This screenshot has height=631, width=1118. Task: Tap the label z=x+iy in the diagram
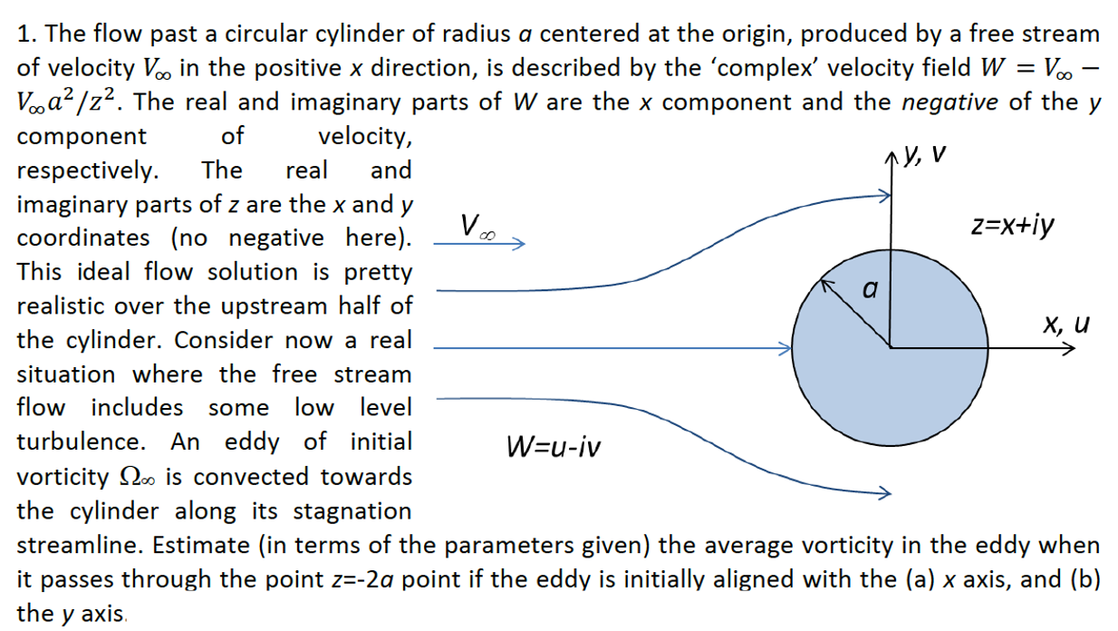pos(1011,226)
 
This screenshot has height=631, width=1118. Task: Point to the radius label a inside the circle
pos(870,291)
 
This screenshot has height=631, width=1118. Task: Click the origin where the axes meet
pos(892,347)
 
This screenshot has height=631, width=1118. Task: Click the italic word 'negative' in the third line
pos(951,102)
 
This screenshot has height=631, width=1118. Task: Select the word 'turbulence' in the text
pos(78,442)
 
